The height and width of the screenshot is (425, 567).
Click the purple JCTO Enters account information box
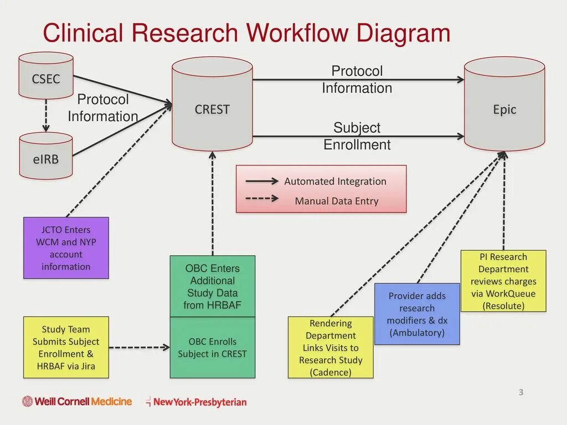tap(66, 248)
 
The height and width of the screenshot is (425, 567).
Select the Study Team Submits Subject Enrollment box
tap(66, 348)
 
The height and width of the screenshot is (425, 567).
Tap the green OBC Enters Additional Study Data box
tap(212, 286)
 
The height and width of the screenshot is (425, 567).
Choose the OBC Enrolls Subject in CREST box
tap(212, 348)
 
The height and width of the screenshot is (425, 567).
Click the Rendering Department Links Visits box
tap(331, 348)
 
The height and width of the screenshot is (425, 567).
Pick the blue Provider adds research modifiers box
tap(417, 314)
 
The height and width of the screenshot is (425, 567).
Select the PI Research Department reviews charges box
tap(503, 281)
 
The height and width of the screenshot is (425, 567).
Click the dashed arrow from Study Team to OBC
tap(139, 348)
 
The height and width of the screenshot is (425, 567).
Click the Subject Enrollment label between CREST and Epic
tap(357, 136)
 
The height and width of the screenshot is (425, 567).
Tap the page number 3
tap(520, 392)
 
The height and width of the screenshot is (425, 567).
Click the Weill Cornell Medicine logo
tap(77, 401)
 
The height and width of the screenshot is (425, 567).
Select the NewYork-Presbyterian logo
tap(196, 402)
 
